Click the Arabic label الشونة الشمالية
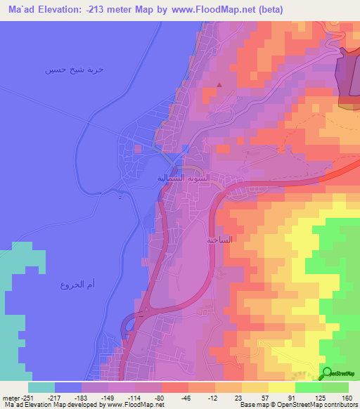click(x=179, y=178)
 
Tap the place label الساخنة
click(x=219, y=240)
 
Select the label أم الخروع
click(x=72, y=284)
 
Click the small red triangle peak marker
click(x=219, y=85)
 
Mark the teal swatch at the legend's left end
click(x=41, y=387)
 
